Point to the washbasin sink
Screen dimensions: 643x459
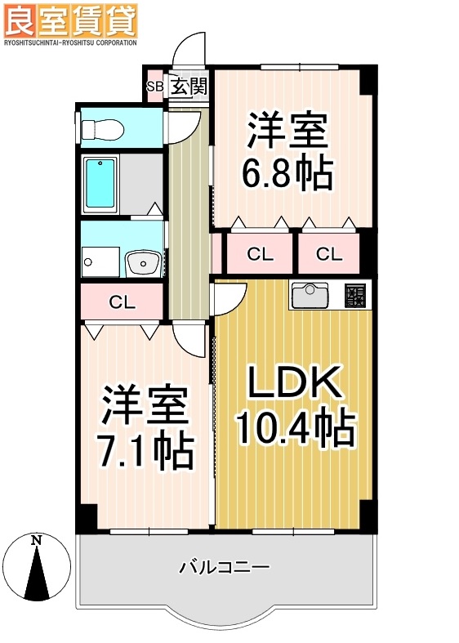[x=145, y=262]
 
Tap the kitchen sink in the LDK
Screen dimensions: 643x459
[x=310, y=295]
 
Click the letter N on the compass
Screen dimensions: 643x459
[x=36, y=540]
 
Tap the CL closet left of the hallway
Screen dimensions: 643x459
[x=123, y=301]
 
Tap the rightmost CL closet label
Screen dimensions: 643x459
[x=329, y=254]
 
